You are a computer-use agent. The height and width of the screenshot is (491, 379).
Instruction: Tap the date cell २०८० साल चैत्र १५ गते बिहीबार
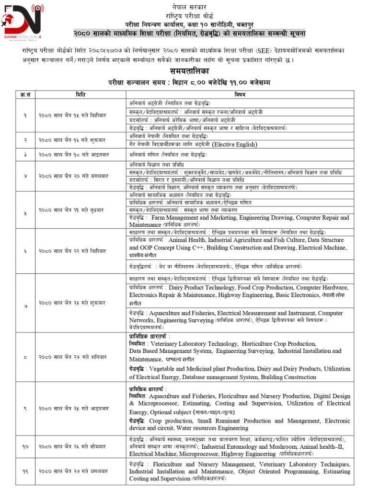72,116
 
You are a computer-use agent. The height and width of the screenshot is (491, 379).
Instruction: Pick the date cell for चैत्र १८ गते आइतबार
72,155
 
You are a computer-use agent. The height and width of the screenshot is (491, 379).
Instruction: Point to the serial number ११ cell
25,471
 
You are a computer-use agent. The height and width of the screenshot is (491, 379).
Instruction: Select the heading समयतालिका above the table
189,71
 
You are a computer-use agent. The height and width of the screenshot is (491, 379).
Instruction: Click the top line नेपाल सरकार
189,6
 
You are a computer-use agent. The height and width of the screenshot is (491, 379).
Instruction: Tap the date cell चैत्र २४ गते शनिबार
72,357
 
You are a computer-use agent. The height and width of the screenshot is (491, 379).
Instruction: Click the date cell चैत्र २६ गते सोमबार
72,446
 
